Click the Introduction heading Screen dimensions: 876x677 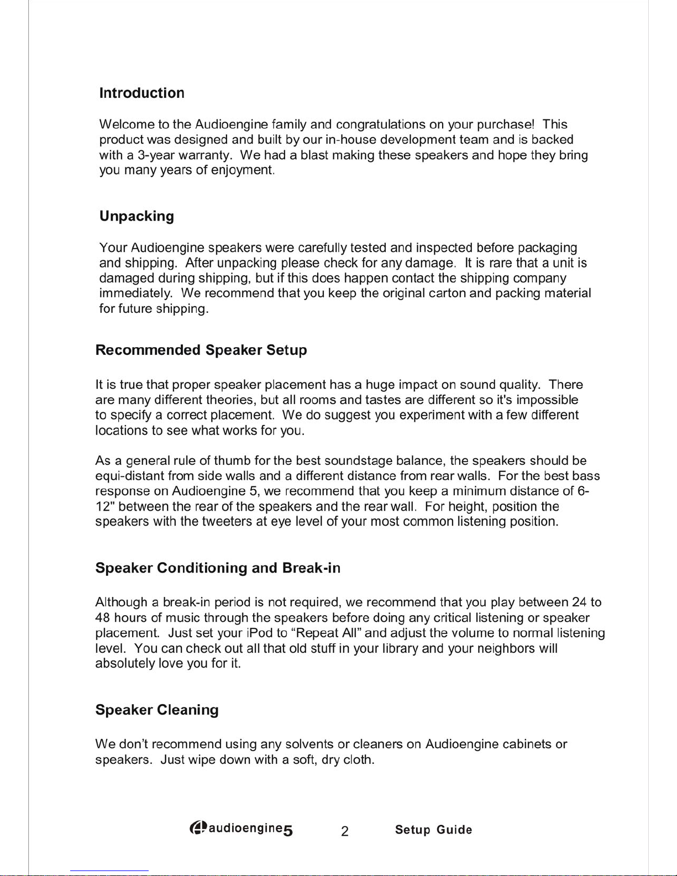[141, 93]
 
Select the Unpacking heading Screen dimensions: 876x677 [137, 216]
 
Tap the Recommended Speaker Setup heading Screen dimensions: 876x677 [201, 350]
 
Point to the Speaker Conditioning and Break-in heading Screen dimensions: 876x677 [218, 568]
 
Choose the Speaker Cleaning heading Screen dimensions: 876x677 [157, 710]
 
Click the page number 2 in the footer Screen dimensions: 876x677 [344, 831]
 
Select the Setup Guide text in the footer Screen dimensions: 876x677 [433, 830]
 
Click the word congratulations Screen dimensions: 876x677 [380, 124]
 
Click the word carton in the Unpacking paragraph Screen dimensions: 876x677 [447, 293]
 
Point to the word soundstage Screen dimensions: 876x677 [358, 460]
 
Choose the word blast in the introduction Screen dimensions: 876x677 [314, 155]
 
